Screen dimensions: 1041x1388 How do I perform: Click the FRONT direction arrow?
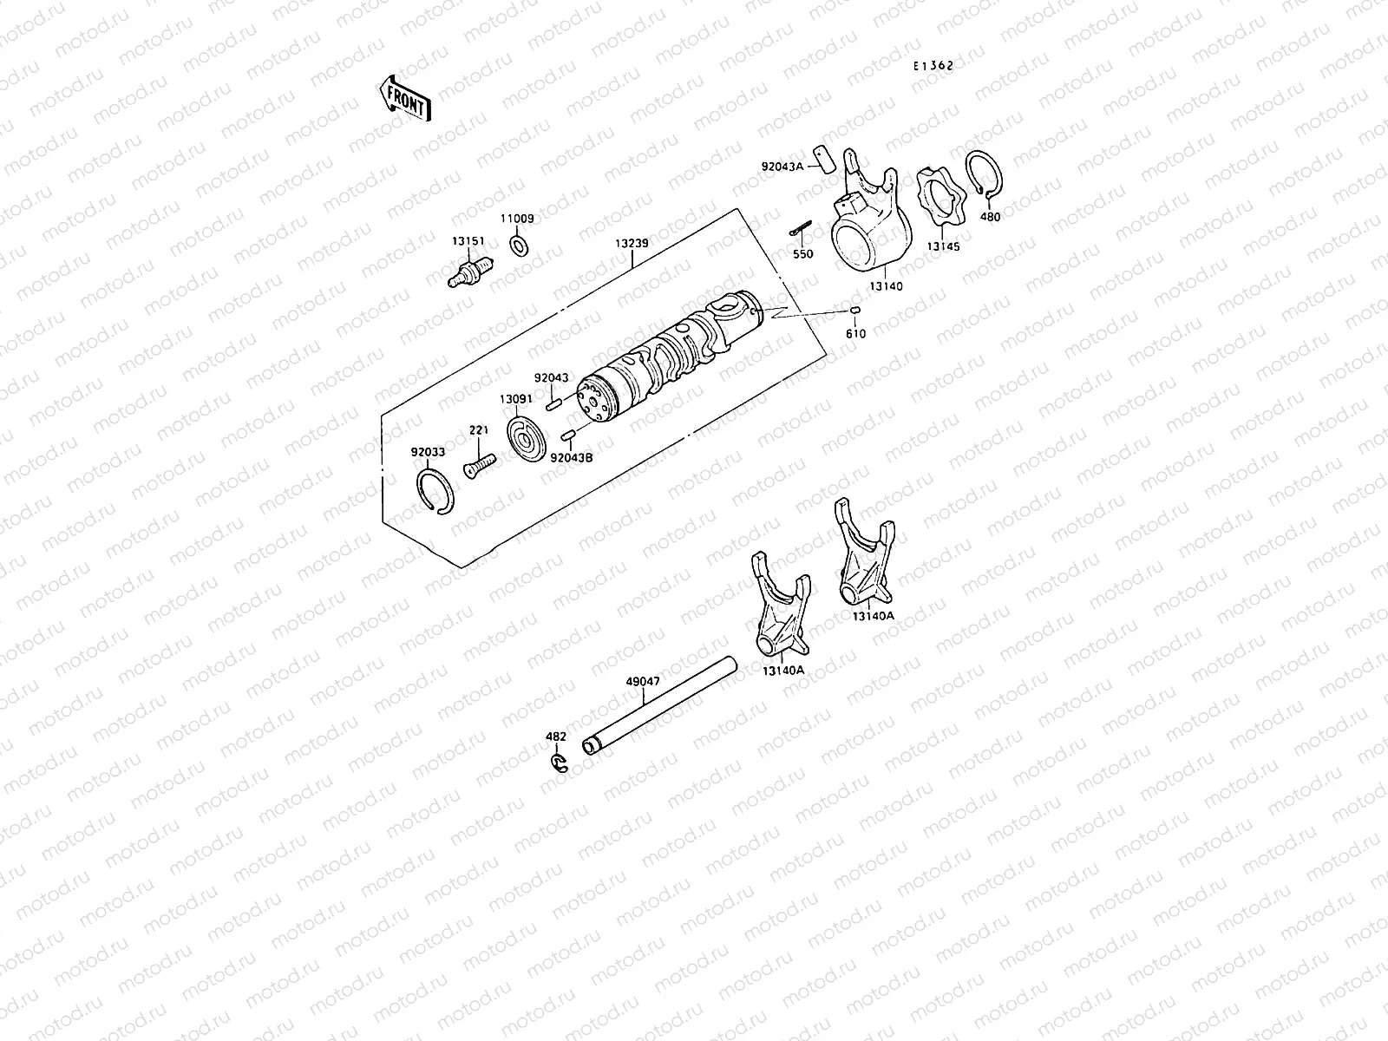[403, 96]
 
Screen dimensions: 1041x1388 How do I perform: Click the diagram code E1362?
[933, 65]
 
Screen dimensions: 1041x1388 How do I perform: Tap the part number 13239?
[632, 243]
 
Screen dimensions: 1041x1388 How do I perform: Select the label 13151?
[468, 240]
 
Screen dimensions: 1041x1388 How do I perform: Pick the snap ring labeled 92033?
[435, 491]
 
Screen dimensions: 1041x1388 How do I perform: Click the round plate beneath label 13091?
[527, 440]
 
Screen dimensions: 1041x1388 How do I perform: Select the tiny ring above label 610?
[855, 311]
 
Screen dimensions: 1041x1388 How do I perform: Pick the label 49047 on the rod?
[642, 682]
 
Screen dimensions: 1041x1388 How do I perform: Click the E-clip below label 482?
[559, 763]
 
